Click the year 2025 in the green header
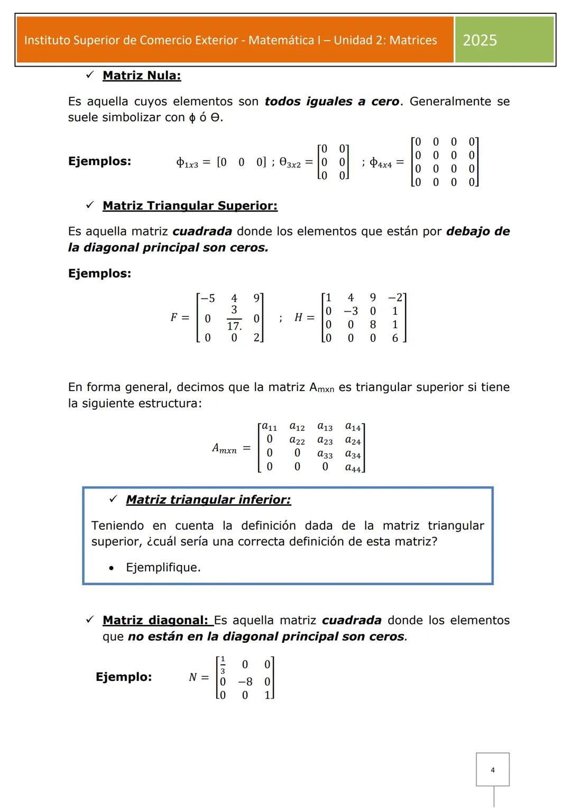(480, 40)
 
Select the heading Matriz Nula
(142, 76)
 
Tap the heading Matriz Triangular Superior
(190, 206)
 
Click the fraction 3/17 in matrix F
(234, 318)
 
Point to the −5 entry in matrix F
(207, 298)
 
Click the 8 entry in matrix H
(373, 324)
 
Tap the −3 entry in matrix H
(351, 311)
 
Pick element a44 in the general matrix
(353, 468)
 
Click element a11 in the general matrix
(270, 426)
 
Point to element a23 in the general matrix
(325, 440)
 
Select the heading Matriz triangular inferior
(208, 500)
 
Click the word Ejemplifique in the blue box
(163, 568)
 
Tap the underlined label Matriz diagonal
(155, 620)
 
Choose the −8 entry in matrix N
(245, 682)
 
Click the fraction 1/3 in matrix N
(223, 665)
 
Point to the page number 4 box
(492, 769)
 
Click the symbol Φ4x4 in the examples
(381, 163)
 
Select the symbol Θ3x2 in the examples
(290, 163)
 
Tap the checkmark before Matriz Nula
(89, 75)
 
